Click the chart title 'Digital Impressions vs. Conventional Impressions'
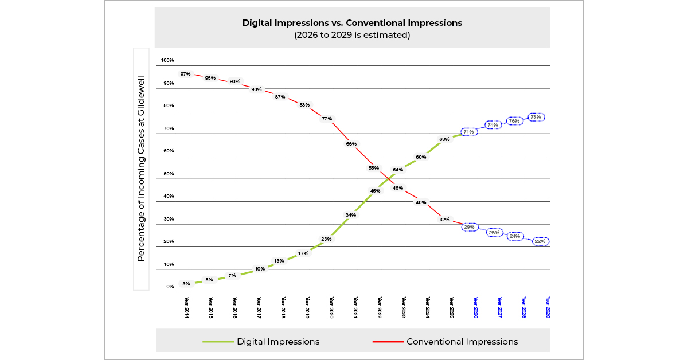coord(352,23)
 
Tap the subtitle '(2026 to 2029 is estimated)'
coord(352,34)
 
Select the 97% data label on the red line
coord(185,74)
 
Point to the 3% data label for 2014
coord(186,284)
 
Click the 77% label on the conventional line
coord(327,119)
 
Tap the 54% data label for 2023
coord(397,170)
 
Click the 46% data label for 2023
coord(398,188)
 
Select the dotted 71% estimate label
coord(469,132)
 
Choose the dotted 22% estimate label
coord(540,241)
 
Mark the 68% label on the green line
coord(444,139)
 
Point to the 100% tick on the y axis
coord(167,60)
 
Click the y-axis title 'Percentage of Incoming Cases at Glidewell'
coord(141,169)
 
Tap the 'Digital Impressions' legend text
coord(278,342)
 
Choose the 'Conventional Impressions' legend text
coord(462,342)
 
